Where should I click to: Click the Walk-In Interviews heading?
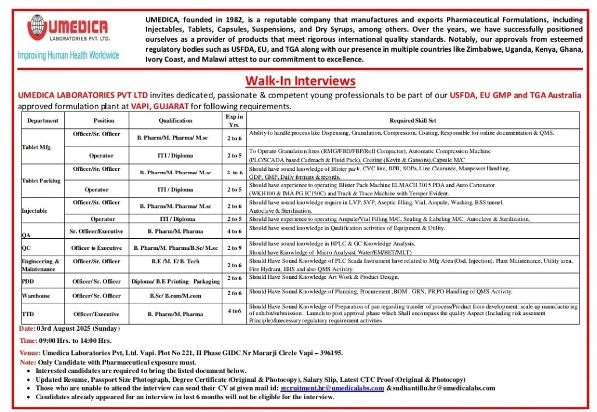coord(300,80)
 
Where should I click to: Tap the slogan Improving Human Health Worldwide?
coord(69,55)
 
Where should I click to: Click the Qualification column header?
coord(175,120)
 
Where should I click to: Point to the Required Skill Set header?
coord(413,120)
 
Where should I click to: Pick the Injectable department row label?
coord(34,210)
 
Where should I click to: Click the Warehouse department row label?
coord(36,296)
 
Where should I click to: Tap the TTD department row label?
coord(28,314)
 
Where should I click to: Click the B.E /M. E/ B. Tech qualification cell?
coord(175,261)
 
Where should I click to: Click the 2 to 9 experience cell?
coord(234,248)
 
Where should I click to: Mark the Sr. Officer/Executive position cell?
coord(97,231)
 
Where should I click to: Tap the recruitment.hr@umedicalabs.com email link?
coord(332,388)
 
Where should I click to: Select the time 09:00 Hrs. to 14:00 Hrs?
coord(75,341)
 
